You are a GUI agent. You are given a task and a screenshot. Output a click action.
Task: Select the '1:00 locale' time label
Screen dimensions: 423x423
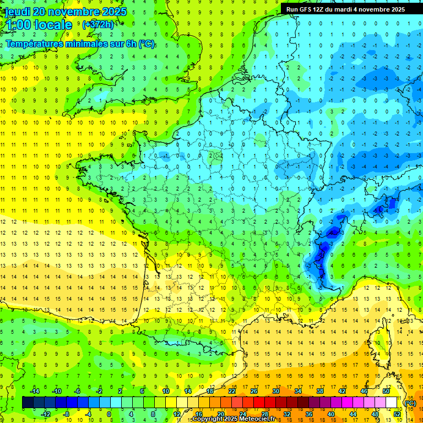tap(38, 25)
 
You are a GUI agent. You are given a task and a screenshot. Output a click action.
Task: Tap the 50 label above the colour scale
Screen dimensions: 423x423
tap(386, 391)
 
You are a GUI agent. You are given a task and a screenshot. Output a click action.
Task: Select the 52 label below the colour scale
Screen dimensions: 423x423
tap(397, 414)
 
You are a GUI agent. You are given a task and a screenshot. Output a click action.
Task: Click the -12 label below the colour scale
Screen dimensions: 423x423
tap(45, 414)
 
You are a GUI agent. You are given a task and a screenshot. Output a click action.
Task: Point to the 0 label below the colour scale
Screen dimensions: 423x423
tap(109, 414)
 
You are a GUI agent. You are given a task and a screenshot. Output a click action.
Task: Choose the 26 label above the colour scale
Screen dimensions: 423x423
tap(254, 391)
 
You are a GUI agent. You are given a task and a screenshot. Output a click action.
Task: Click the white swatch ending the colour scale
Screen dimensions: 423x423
tap(392, 403)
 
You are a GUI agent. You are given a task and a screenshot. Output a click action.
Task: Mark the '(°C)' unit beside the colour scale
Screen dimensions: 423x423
tap(410, 403)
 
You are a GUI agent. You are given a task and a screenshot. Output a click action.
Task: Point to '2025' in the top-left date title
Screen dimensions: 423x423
tap(114, 12)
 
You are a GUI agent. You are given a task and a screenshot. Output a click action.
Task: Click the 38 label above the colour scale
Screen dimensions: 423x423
tap(319, 391)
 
